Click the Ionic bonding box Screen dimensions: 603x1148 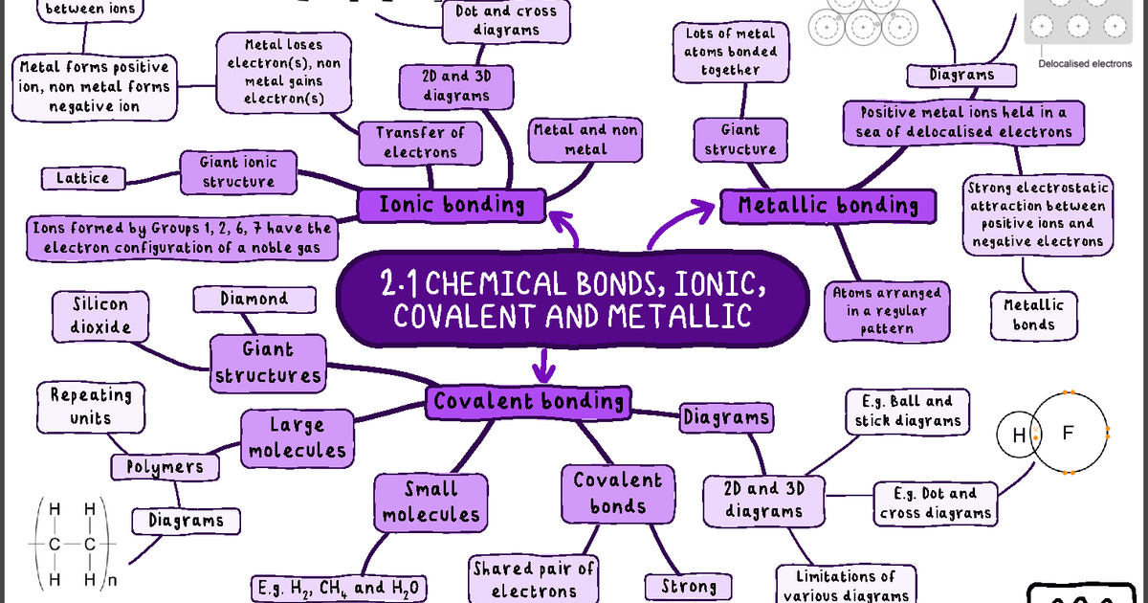(452, 204)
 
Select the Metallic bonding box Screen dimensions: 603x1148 (828, 205)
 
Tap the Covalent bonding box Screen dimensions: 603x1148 (529, 401)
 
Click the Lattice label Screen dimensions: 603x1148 (82, 178)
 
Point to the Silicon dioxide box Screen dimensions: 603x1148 (100, 315)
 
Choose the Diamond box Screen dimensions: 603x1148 (254, 299)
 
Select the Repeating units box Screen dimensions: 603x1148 (91, 406)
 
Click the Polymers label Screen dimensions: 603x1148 (166, 466)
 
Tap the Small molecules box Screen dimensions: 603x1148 (430, 502)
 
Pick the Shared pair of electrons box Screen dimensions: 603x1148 (533, 580)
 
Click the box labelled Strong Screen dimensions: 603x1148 (689, 586)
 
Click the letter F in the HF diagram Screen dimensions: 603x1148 (1069, 434)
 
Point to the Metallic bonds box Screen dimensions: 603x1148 (1034, 315)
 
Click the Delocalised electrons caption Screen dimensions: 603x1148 (1085, 64)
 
